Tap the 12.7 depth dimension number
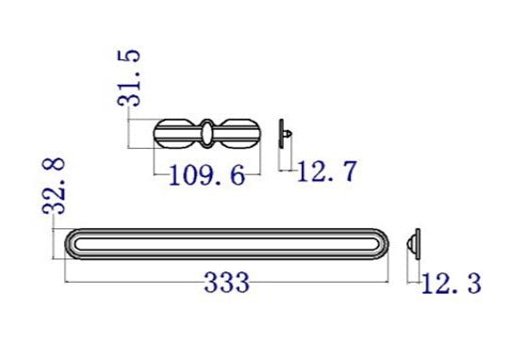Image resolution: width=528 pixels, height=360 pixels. (326, 172)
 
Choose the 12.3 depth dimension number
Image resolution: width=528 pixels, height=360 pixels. (452, 282)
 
